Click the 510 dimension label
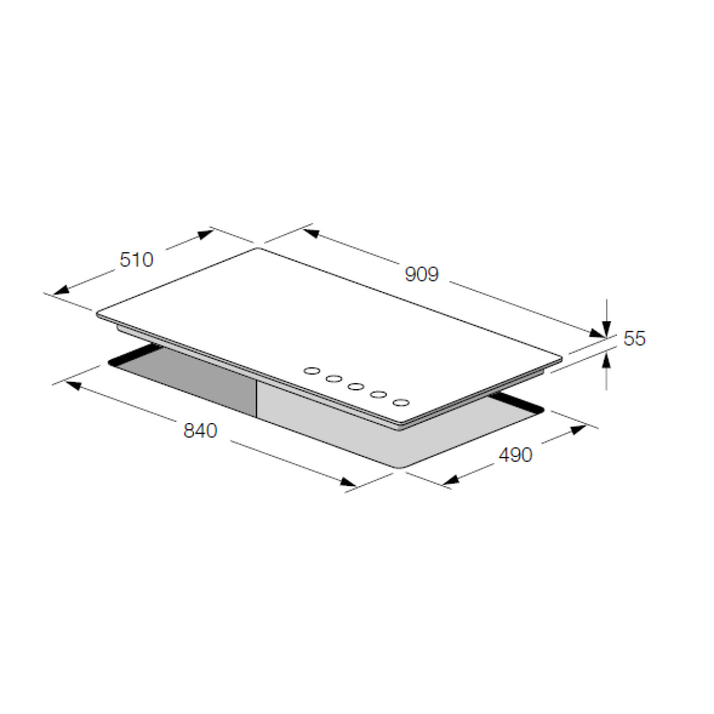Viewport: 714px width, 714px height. pyautogui.click(x=136, y=260)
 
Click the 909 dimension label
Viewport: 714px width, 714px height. pyautogui.click(x=422, y=274)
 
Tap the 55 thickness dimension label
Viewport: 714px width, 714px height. pyautogui.click(x=634, y=339)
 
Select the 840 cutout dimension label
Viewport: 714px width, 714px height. pyautogui.click(x=200, y=431)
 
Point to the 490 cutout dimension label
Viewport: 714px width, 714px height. pyautogui.click(x=515, y=455)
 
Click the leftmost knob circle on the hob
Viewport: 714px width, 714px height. pyautogui.click(x=312, y=371)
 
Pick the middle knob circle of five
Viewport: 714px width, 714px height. pyautogui.click(x=356, y=387)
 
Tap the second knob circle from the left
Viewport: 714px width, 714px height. pyautogui.click(x=334, y=378)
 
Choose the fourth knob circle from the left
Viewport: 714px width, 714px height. pyautogui.click(x=378, y=394)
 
